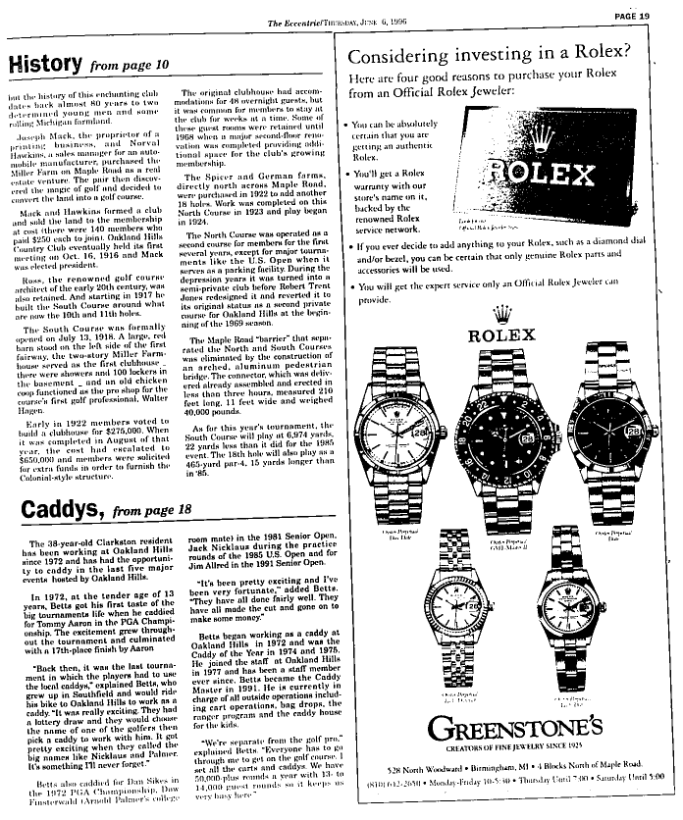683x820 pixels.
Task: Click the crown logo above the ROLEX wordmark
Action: coord(504,313)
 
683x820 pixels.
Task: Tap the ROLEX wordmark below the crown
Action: coord(504,334)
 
